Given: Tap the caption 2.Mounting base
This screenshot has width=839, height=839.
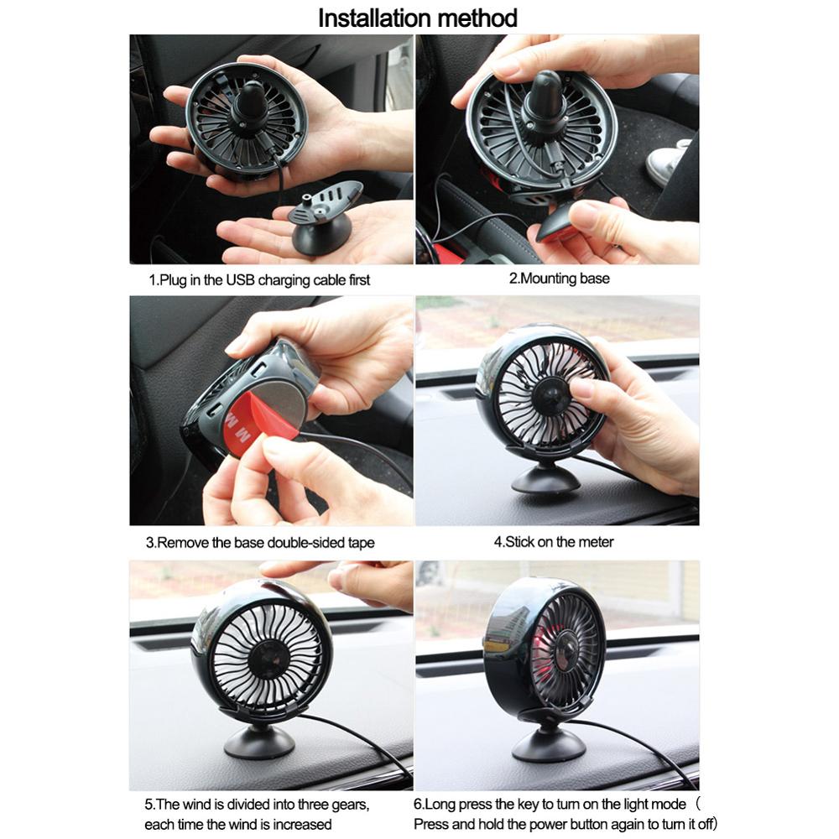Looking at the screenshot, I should pos(560,279).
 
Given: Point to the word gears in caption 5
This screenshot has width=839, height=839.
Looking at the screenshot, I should pos(347,805).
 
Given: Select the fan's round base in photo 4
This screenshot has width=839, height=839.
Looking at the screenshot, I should pos(546,481).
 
